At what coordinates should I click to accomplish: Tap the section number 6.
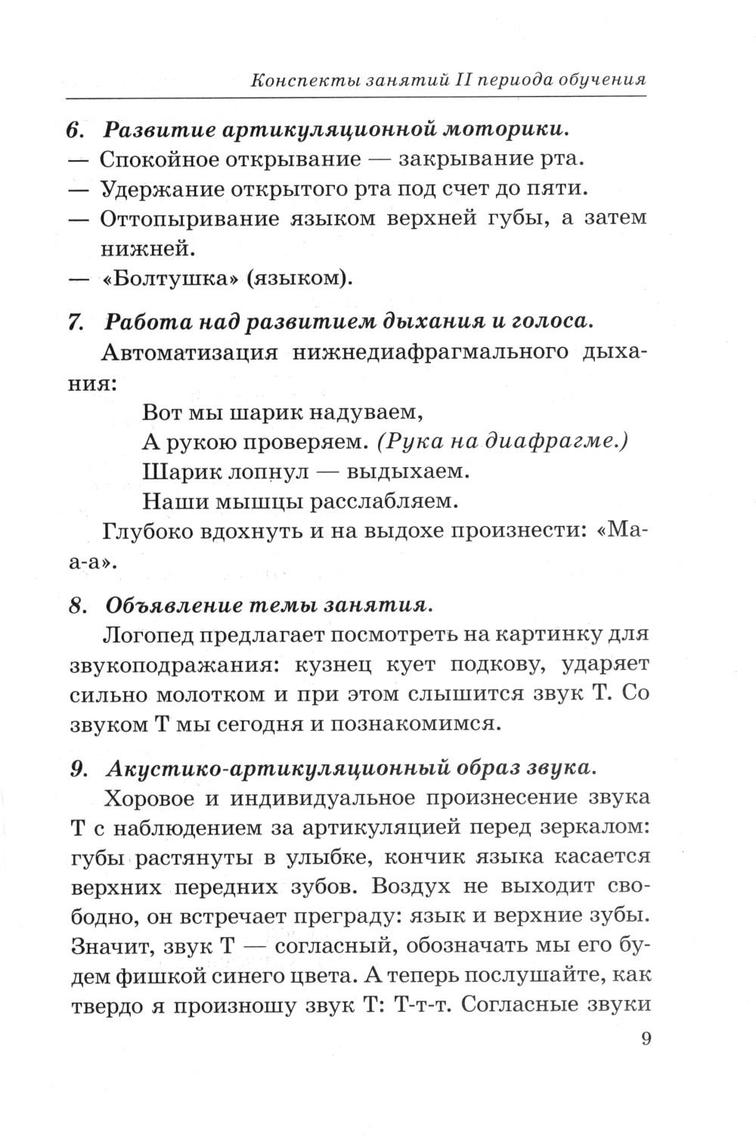tap(73, 130)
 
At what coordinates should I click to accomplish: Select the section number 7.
tap(74, 322)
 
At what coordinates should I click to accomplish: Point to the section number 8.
tap(75, 606)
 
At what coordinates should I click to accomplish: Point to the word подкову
tap(494, 665)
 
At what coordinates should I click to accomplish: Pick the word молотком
tap(209, 695)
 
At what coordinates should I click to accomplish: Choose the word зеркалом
tap(596, 828)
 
